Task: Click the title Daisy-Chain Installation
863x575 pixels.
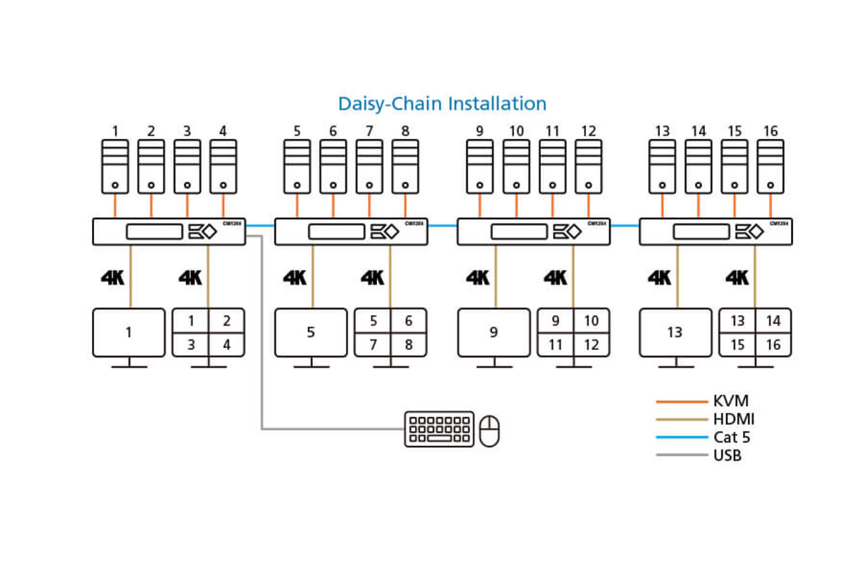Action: click(x=442, y=104)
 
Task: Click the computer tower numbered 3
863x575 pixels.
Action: click(x=187, y=167)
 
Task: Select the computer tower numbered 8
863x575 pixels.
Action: click(x=405, y=167)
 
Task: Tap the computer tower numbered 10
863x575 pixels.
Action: click(x=516, y=167)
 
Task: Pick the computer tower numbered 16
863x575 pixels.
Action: click(x=771, y=167)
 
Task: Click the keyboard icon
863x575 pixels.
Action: click(x=440, y=429)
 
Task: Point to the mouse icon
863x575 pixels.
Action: click(x=489, y=431)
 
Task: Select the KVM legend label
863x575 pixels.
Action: click(x=730, y=401)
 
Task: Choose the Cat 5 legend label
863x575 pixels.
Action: click(x=732, y=438)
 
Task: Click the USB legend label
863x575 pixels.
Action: click(x=727, y=455)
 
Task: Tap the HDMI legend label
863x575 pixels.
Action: click(x=734, y=419)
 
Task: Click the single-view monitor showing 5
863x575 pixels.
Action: click(x=311, y=333)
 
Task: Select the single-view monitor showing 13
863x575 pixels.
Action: click(x=675, y=333)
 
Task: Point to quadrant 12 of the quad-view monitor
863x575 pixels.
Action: click(x=591, y=345)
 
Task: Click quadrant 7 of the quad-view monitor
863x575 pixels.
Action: click(x=373, y=345)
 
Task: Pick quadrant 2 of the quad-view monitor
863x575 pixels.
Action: click(x=226, y=321)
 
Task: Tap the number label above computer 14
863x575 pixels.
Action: click(x=698, y=131)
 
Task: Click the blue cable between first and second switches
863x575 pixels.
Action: click(x=260, y=226)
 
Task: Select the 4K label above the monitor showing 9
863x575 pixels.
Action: click(x=478, y=278)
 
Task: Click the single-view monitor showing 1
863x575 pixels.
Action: click(x=129, y=333)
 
